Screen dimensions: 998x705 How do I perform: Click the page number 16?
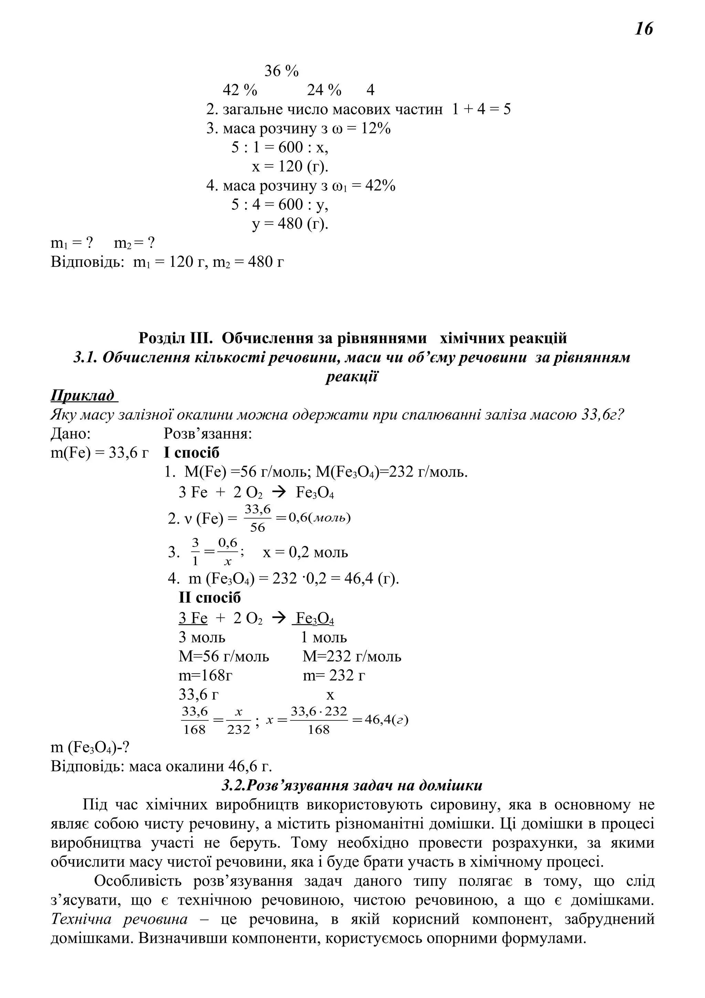(644, 29)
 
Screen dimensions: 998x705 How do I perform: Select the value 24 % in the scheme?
(324, 90)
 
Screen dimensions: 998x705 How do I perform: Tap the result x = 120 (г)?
(290, 166)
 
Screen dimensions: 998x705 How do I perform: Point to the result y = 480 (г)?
(290, 224)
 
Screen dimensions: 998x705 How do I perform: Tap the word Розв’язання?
(208, 434)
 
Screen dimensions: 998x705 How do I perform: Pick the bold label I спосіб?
(191, 453)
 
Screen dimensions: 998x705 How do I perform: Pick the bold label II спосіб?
(209, 598)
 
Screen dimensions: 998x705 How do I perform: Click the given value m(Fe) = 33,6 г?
(99, 453)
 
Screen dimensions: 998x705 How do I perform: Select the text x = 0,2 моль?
(305, 552)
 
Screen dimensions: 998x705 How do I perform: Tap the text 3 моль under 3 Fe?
(202, 638)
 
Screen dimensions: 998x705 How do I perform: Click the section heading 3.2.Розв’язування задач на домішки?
(352, 786)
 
